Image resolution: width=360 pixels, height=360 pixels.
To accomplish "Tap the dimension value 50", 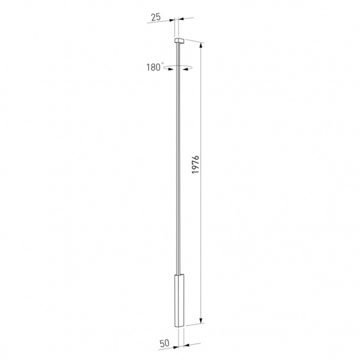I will coord(164,343).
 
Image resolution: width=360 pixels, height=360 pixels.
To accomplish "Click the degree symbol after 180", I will coord(164,64).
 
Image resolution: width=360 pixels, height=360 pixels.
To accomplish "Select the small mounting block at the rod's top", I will coord(179,41).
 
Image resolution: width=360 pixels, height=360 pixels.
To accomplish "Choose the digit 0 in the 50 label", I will coord(167,343).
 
